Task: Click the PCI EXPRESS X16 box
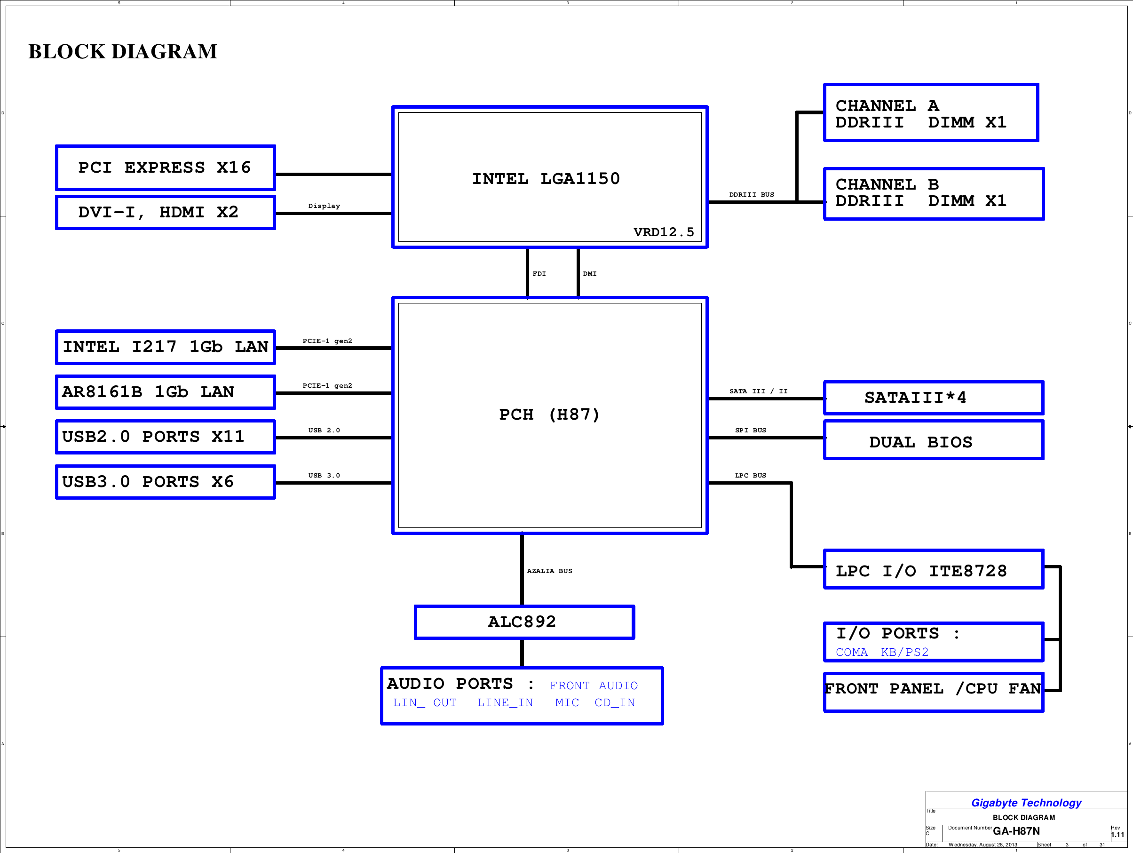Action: [165, 167]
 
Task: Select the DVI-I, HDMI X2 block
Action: [165, 212]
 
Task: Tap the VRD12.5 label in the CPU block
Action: [663, 232]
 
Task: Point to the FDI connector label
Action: [539, 273]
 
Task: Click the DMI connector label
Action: [590, 273]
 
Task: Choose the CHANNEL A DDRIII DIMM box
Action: [931, 113]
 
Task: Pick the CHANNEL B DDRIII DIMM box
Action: [933, 194]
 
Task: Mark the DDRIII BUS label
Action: [752, 195]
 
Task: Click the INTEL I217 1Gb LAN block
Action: [165, 347]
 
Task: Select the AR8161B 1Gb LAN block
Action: [165, 392]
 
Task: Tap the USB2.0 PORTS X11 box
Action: [165, 437]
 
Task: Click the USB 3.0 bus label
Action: [324, 475]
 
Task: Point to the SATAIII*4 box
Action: [933, 398]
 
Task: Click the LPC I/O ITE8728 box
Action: [933, 570]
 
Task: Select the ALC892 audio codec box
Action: [524, 622]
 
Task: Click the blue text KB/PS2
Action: [904, 652]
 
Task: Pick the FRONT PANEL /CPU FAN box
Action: [933, 692]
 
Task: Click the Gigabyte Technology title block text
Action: [1026, 803]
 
